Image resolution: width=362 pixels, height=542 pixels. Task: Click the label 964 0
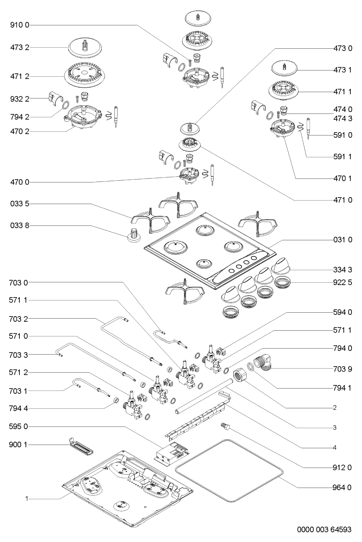click(343, 487)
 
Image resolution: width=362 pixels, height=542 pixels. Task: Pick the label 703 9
click(343, 369)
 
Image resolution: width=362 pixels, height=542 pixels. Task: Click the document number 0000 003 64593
click(324, 530)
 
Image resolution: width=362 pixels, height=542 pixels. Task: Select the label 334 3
click(343, 270)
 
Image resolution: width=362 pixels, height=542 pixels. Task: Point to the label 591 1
click(343, 157)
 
